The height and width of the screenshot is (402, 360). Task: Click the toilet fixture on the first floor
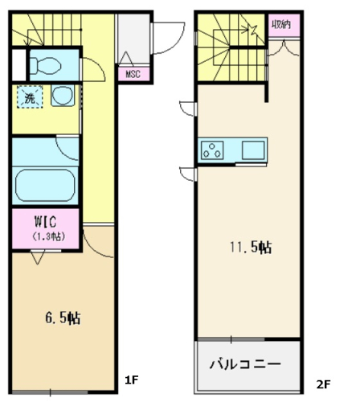45,65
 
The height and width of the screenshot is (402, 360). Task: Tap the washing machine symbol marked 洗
30,97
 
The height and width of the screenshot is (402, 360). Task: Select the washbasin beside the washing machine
62,96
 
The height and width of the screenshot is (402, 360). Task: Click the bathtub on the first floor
45,185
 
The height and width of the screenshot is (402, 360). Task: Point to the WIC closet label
46,221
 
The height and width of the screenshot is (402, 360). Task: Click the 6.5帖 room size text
63,318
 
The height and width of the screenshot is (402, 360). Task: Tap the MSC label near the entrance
133,73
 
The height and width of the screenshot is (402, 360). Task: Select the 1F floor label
131,379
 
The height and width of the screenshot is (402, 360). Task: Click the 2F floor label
323,384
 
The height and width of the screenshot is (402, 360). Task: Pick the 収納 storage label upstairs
281,25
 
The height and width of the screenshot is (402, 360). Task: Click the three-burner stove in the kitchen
212,150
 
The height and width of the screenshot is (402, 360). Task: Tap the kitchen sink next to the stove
253,150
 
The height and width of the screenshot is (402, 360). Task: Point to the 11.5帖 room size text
251,247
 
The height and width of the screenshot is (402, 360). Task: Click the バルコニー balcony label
245,364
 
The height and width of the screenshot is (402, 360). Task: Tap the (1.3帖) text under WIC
48,236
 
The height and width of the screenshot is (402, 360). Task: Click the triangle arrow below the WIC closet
37,258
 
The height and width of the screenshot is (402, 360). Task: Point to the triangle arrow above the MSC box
126,58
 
